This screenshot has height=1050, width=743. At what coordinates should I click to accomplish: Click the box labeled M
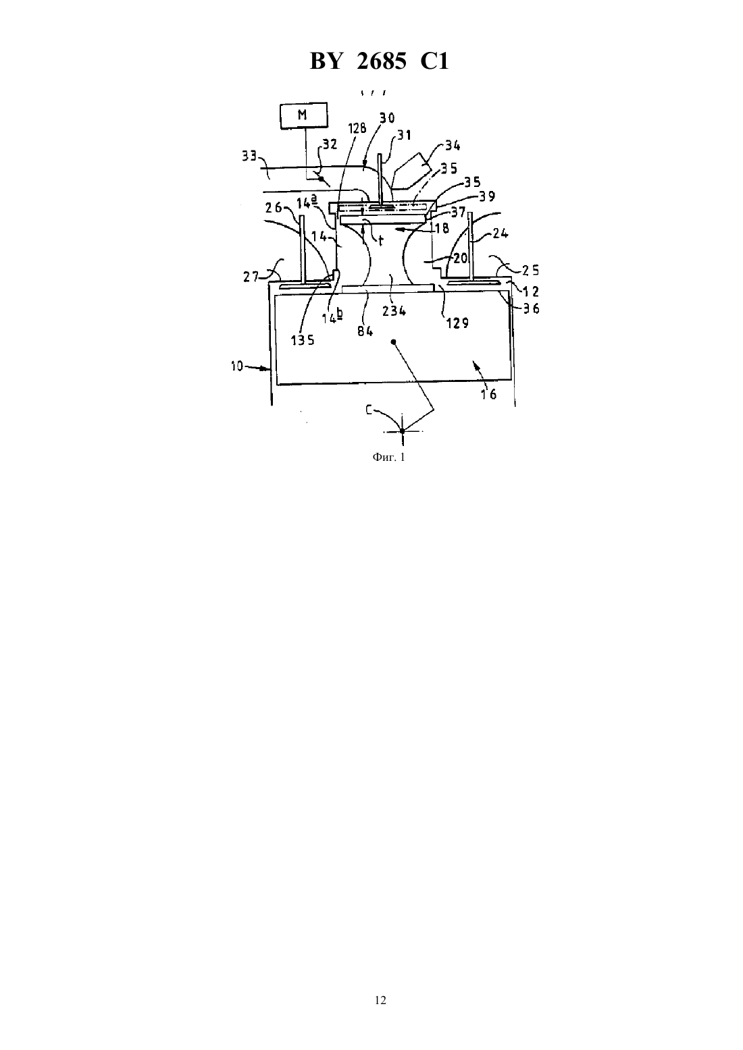tap(303, 115)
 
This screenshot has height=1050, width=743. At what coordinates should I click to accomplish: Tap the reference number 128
tap(357, 128)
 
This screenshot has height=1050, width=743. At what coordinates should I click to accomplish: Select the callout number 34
tap(453, 145)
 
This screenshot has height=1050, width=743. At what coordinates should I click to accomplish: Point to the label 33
tap(249, 157)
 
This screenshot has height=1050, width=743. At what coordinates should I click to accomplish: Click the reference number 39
tap(487, 196)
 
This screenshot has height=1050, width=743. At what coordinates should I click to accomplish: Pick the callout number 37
tap(458, 213)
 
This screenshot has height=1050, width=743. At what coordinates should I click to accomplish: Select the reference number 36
tap(532, 308)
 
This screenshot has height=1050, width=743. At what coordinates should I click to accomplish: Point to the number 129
tap(457, 323)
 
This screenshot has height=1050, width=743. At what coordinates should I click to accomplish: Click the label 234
tap(394, 310)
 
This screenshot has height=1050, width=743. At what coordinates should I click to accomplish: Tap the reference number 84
tap(365, 331)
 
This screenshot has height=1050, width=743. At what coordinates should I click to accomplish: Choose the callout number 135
tap(303, 340)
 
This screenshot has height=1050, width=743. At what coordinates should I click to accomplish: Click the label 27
tap(251, 277)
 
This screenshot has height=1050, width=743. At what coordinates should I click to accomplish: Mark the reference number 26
tap(274, 207)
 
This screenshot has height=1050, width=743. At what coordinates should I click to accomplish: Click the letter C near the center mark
tap(369, 410)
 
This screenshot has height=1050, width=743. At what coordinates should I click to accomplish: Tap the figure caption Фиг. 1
tap(388, 457)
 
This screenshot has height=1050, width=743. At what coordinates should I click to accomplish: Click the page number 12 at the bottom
tap(380, 1000)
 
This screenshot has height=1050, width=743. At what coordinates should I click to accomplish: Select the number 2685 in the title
tap(382, 61)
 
